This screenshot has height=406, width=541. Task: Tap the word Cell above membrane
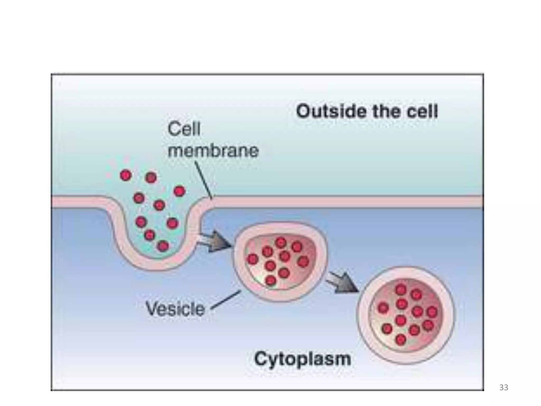coord(184,129)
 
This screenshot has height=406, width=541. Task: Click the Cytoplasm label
coord(303,359)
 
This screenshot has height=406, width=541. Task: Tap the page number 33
coord(503,387)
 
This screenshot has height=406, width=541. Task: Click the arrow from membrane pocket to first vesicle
coord(214,241)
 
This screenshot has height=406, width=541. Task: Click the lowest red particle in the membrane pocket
coord(163,246)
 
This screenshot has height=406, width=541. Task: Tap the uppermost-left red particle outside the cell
coord(126,175)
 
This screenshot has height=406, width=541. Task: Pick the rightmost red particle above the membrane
coord(180,191)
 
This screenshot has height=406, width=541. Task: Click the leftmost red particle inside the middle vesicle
coord(253,259)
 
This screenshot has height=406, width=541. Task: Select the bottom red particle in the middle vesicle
coord(270,280)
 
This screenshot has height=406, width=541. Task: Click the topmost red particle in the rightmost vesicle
coord(401,290)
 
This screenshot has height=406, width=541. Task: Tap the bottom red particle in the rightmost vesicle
coord(401,340)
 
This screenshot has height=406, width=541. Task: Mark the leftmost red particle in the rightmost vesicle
coord(383,308)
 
